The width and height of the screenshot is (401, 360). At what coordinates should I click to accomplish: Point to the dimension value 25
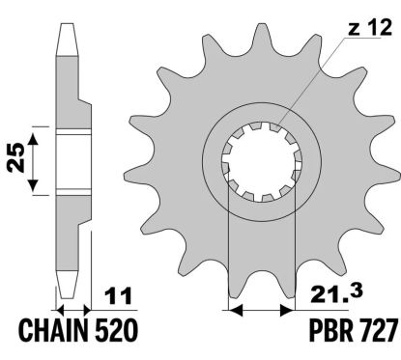point(16,157)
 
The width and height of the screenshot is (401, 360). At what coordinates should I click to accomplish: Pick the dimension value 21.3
point(336,293)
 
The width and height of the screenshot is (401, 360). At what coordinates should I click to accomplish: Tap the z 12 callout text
point(370,27)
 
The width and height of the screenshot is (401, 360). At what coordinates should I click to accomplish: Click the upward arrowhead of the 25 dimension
point(33,140)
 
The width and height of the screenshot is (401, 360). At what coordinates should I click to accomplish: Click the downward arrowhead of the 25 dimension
point(33,186)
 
